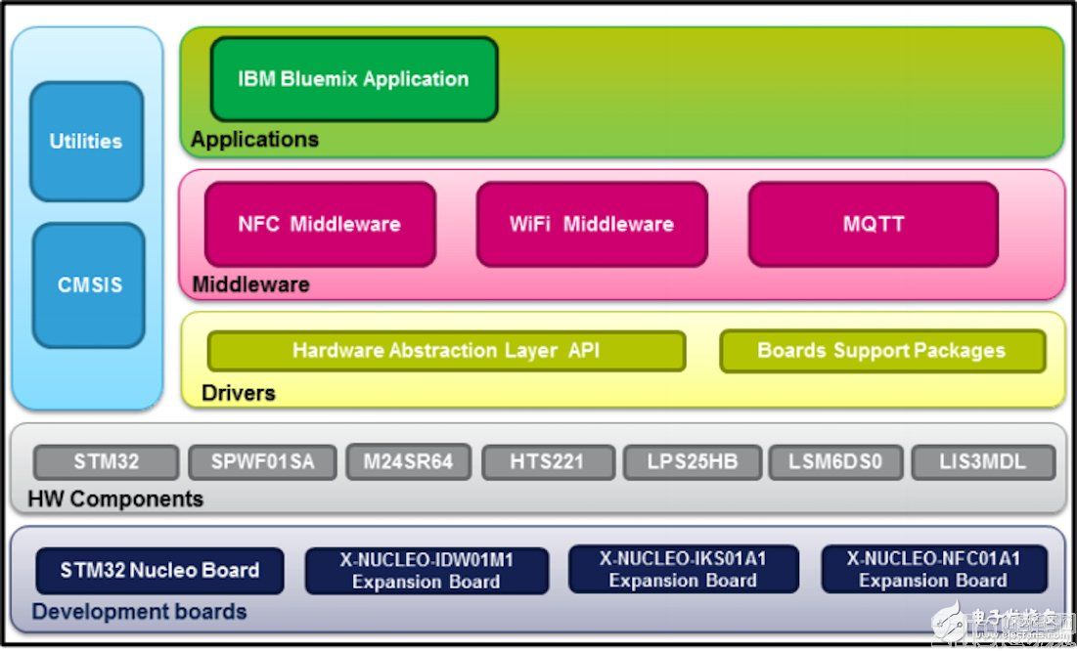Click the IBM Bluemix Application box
[353, 79]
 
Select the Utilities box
[86, 142]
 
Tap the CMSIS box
[88, 285]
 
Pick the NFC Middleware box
[319, 224]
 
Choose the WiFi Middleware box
[591, 224]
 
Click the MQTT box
[873, 224]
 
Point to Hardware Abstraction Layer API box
[446, 351]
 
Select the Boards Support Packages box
[881, 351]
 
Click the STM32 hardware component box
[106, 462]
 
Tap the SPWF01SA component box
[262, 462]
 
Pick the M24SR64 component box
[408, 462]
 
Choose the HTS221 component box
[548, 462]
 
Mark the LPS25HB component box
[693, 462]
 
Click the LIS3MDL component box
[983, 462]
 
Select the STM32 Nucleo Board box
[159, 570]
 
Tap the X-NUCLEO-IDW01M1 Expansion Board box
[426, 571]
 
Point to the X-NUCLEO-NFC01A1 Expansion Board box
[933, 570]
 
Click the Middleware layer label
[250, 285]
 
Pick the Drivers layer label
[238, 393]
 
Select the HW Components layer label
[115, 499]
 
